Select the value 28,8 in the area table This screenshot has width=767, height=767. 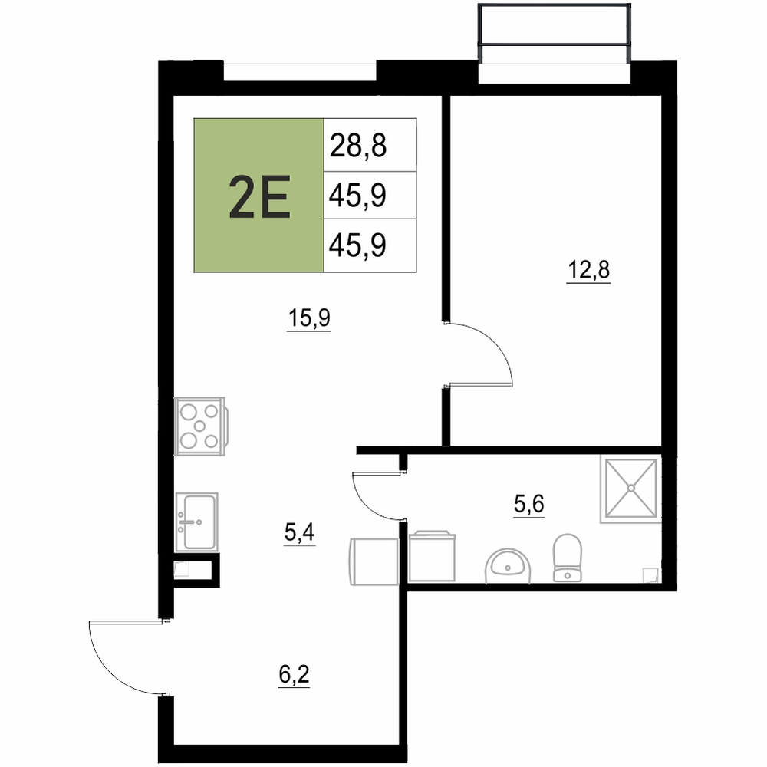tap(358, 145)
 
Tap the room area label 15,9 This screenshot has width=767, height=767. tap(309, 318)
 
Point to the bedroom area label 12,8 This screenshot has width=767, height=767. tap(588, 269)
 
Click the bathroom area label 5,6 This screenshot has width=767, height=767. tap(528, 503)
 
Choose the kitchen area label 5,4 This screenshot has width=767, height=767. tap(299, 532)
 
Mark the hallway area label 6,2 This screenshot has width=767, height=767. tap(294, 674)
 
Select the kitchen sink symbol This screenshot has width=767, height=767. tap(196, 522)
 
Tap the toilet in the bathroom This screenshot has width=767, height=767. tap(568, 558)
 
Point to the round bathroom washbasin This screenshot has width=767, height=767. tap(507, 565)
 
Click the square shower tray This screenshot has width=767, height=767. tap(631, 488)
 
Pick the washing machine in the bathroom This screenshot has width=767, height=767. tap(432, 556)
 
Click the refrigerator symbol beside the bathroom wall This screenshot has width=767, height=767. tap(374, 561)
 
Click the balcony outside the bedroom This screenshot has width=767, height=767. tap(555, 35)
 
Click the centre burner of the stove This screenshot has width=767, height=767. tap(199, 426)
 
